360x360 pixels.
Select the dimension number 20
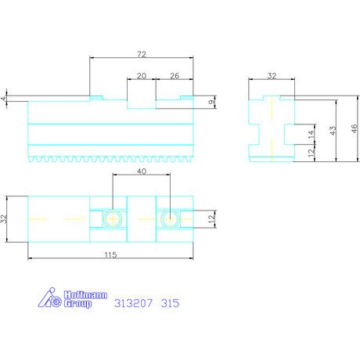tap(141, 76)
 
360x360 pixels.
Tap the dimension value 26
tap(173, 76)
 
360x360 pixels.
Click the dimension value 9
tap(211, 103)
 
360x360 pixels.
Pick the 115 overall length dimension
tap(110, 254)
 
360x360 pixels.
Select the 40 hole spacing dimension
tap(141, 171)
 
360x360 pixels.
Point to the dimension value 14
tap(311, 135)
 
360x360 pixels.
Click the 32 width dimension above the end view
tap(272, 76)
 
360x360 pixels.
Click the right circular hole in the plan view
tap(167, 218)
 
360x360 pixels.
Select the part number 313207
tap(135, 302)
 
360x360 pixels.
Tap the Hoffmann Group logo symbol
tap(50, 298)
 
